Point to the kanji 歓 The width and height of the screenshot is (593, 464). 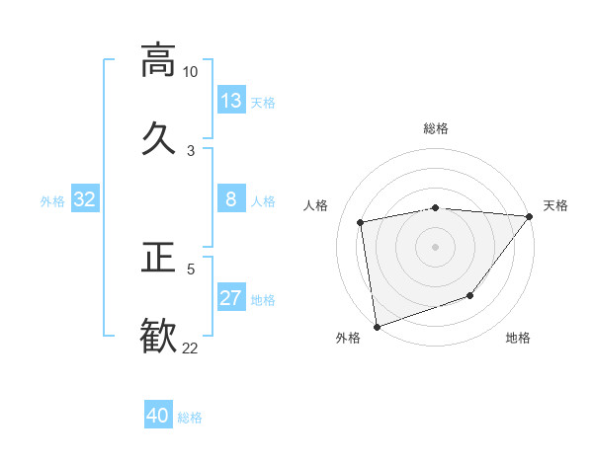click(158, 334)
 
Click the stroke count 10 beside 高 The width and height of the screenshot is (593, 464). click(190, 72)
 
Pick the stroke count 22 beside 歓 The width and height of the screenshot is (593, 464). click(190, 347)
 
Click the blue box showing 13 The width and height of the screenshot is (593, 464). click(230, 100)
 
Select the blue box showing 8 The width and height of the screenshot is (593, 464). click(230, 199)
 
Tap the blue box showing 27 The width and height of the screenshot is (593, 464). click(230, 298)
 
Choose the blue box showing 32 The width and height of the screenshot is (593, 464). click(85, 199)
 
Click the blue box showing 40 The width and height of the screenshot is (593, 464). click(158, 416)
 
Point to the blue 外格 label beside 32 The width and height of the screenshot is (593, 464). click(52, 201)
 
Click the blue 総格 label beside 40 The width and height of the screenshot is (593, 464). click(190, 418)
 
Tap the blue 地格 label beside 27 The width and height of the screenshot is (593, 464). click(263, 300)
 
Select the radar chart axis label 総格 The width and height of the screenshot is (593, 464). click(436, 128)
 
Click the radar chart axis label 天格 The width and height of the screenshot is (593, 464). click(556, 205)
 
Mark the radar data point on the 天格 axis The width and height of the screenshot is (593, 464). click(529, 216)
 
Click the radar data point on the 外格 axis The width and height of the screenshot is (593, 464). click(377, 326)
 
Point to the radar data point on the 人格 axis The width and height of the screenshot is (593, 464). click(362, 222)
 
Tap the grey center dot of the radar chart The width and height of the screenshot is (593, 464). click(435, 246)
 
